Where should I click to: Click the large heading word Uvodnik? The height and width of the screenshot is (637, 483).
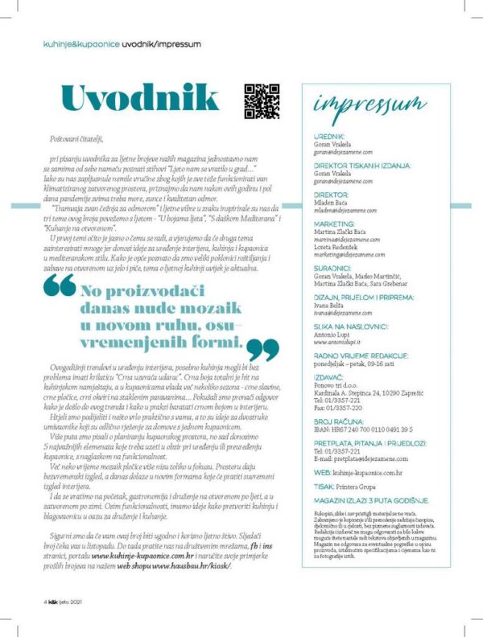click(139, 99)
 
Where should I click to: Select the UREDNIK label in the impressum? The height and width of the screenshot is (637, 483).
click(328, 137)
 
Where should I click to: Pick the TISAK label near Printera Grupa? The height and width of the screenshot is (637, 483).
click(324, 485)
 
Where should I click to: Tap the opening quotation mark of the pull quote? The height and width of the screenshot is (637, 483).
click(59, 287)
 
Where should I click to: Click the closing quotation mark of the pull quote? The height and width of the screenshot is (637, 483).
click(262, 349)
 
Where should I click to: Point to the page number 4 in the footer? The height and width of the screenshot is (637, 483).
click(46, 601)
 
